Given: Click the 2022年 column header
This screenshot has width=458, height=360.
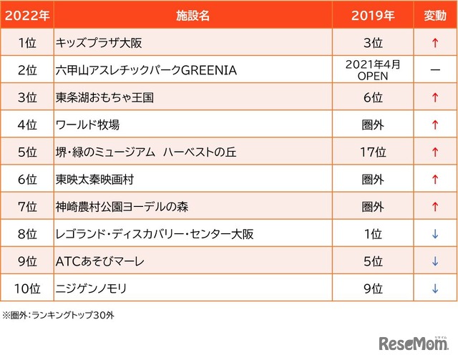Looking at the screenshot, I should (26, 15).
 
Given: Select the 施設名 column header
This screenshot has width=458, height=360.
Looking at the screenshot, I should (193, 15).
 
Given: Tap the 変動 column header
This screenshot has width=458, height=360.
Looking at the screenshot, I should (434, 15).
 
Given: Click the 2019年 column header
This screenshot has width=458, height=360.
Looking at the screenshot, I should (373, 15).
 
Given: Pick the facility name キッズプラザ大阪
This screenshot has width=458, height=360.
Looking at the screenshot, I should (99, 43).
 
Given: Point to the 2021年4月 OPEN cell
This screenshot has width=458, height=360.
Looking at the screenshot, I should (373, 70).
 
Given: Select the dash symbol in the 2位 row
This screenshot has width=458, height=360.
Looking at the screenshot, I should (434, 70).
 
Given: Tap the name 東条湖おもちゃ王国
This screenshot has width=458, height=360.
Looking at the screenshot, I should (104, 97).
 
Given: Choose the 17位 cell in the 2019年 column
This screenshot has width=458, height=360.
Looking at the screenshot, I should (373, 152).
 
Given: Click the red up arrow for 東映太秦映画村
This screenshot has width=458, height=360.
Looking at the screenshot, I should (434, 179).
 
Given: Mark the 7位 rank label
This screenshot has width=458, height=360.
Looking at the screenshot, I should (26, 207).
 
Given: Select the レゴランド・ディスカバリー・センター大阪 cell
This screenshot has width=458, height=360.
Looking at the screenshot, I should (155, 234).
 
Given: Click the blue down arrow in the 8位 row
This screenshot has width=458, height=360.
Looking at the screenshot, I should (434, 234).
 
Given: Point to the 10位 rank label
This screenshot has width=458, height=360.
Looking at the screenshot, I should (26, 288).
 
